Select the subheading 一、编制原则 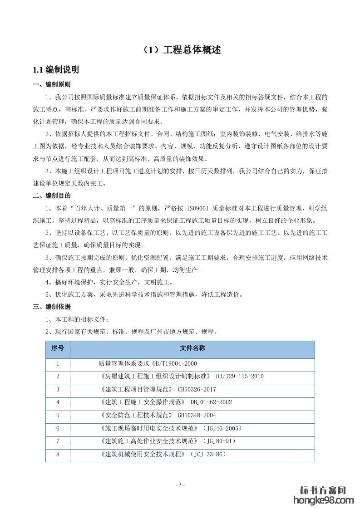pos(52,85)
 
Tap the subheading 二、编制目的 pos(52,196)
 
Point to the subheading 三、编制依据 pos(52,307)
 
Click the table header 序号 pos(58,349)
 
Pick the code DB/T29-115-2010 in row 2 pos(240,376)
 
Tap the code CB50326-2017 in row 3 pos(197,389)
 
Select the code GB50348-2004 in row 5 pos(197,415)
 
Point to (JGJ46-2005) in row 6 pos(221,428)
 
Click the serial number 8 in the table pos(58,454)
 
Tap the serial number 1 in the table pos(58,363)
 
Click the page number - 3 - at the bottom pos(180,485)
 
